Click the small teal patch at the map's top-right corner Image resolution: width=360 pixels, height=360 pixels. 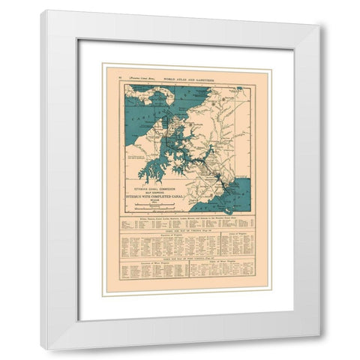coord(239,88)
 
